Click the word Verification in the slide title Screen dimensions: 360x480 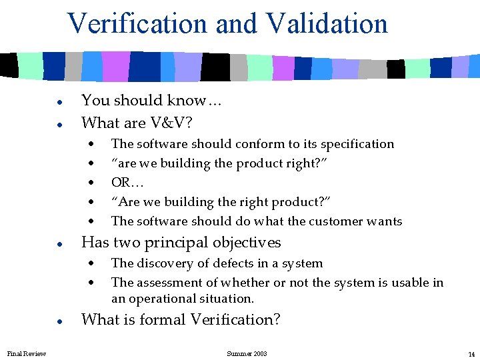tap(137, 24)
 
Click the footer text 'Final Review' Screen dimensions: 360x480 tap(27, 353)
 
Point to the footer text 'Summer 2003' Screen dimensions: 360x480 tap(247, 353)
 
